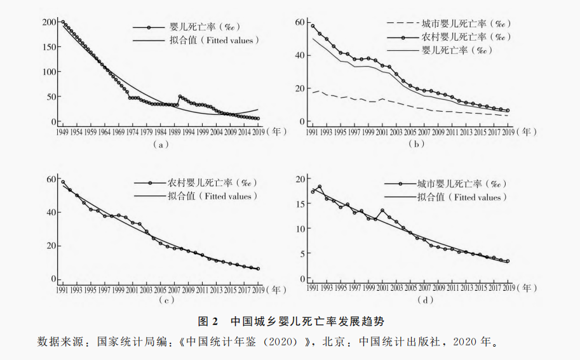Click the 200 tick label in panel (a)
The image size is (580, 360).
point(50,22)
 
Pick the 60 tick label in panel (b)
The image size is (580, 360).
point(301,22)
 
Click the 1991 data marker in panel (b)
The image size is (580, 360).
point(313,26)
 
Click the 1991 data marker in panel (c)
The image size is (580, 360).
point(62,182)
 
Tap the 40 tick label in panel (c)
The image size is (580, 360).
point(52,213)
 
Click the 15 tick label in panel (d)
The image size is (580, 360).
point(301,203)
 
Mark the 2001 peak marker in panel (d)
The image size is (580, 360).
point(382,210)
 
